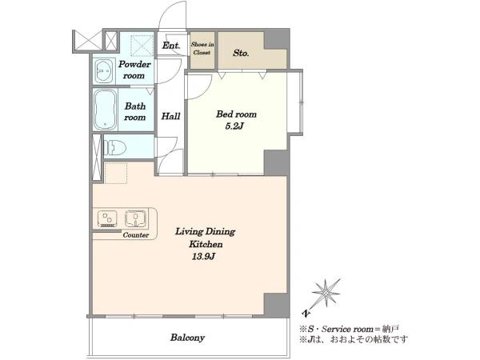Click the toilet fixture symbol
115,148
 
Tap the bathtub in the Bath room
105,110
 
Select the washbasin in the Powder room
104,70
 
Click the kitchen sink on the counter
135,218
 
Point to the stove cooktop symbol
107,218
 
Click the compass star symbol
326,293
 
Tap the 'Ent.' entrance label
171,46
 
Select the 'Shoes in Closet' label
202,48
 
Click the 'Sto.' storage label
241,53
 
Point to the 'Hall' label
170,116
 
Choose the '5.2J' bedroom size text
234,126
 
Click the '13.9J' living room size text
203,257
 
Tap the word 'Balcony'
187,338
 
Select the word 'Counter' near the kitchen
136,235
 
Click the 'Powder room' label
134,70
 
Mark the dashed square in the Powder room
142,46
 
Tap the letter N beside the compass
306,313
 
